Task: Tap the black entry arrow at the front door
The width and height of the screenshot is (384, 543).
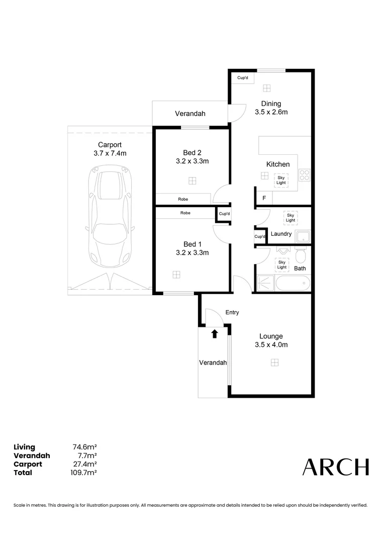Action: coord(215,333)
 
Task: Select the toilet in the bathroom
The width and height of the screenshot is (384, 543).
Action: coord(301,256)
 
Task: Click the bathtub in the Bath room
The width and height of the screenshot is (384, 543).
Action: coord(283,284)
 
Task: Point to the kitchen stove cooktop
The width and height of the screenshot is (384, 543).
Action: coord(304,174)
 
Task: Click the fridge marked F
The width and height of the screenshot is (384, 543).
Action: coord(264,199)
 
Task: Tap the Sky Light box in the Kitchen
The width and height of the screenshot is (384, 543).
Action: coord(281,179)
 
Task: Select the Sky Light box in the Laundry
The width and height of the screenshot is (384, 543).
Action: coord(290,217)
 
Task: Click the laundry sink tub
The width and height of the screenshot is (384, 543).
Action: coord(303,236)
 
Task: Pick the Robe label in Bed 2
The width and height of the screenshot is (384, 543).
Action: coord(183,199)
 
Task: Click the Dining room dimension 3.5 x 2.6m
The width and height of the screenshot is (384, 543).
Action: coord(271,112)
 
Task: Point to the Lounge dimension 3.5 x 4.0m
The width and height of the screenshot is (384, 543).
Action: coord(271,344)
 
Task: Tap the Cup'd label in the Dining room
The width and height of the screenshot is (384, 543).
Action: coord(243,78)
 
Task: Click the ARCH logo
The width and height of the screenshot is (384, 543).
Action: coord(335,467)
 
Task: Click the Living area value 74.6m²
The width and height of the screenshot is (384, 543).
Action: coord(84,447)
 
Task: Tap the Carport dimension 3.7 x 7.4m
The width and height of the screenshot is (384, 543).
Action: coord(110,153)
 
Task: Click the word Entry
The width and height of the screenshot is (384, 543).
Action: coord(232,312)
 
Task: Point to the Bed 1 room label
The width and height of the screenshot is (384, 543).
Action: coord(192,244)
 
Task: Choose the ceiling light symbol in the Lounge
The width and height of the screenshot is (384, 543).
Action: coord(274,362)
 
